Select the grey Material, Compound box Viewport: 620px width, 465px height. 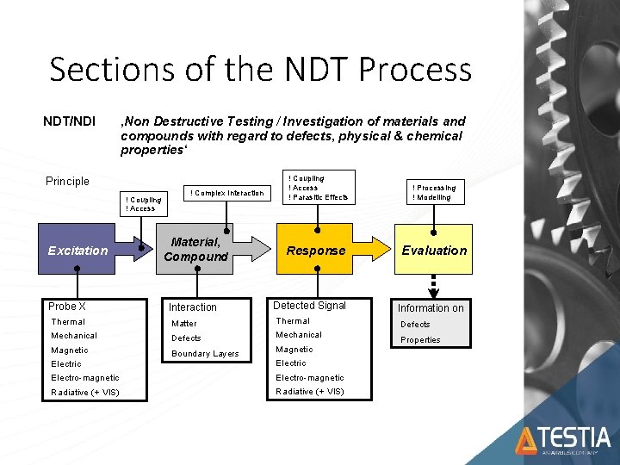click(x=196, y=250)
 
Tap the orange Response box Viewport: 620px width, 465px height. click(x=316, y=251)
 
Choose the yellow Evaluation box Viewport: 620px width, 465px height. click(x=434, y=251)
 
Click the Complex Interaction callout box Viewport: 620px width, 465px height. click(x=226, y=193)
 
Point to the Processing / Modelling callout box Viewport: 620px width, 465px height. click(x=434, y=191)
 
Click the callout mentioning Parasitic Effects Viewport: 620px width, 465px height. click(x=319, y=187)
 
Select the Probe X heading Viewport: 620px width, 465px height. click(x=67, y=307)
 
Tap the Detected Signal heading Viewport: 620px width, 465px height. click(x=309, y=306)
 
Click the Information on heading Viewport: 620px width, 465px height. click(x=431, y=307)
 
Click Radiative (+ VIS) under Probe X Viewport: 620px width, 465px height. click(x=85, y=393)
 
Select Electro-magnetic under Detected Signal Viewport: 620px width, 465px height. click(x=310, y=377)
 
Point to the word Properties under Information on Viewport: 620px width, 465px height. click(x=420, y=339)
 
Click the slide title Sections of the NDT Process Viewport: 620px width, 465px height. click(x=260, y=70)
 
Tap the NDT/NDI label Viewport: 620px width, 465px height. click(x=69, y=121)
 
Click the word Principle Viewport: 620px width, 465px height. click(x=67, y=181)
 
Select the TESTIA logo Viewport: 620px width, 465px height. click(x=563, y=441)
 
